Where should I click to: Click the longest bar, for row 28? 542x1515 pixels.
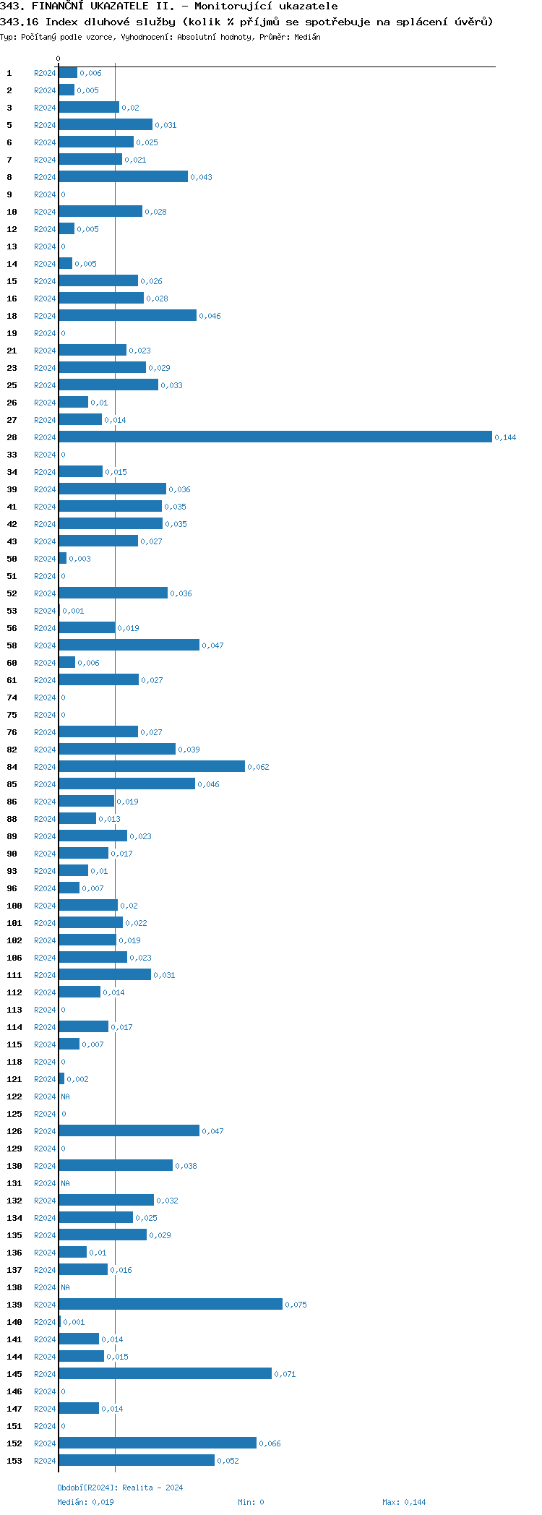coord(275,437)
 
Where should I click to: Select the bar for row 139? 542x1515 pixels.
coord(170,1304)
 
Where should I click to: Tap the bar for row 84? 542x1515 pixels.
coord(151,766)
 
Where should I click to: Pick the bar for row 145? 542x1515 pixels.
coord(165,1373)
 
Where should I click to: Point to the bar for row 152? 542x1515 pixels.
coord(157,1443)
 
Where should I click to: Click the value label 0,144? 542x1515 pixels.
coord(505,437)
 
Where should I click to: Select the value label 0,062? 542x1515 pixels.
coord(258,767)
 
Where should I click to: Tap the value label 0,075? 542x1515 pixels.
coord(296,1305)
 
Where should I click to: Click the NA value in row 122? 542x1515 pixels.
coord(65,1096)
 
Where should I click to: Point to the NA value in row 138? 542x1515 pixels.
coord(65,1287)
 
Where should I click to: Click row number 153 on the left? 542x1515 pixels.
coord(14,1461)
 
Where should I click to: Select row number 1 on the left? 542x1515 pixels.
coord(9,73)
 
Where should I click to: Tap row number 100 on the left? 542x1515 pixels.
coord(14,906)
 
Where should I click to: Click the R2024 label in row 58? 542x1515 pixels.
coord(45,645)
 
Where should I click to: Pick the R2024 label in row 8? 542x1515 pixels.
coord(45,177)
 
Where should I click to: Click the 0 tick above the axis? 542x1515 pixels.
coord(59,59)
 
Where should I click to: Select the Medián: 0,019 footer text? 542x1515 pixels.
coord(85,1502)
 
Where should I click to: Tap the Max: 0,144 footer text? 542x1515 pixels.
coord(404,1502)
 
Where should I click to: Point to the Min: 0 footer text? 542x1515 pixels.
coord(251,1502)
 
